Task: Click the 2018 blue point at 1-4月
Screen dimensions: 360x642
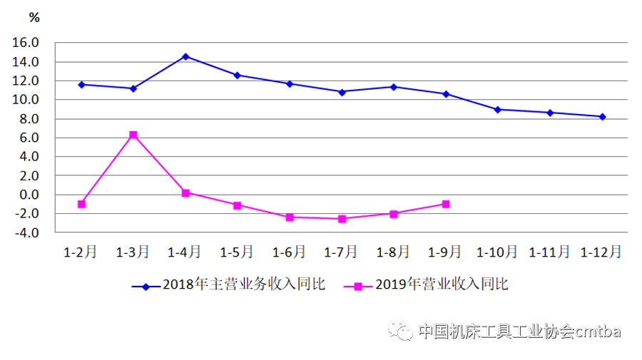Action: (x=185, y=56)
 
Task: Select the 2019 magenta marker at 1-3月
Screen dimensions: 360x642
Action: (x=133, y=135)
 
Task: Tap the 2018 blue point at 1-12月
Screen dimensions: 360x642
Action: (x=602, y=117)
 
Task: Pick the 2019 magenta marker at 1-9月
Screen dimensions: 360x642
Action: (x=446, y=204)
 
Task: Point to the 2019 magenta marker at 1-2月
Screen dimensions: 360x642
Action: (x=81, y=204)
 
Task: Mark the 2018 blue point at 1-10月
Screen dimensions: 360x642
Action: (x=498, y=110)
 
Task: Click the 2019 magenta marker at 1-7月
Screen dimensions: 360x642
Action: (x=342, y=218)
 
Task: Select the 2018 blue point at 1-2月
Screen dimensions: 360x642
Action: (x=81, y=84)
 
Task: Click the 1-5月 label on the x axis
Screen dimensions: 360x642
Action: (x=237, y=252)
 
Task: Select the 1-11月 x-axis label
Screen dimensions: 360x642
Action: (x=549, y=252)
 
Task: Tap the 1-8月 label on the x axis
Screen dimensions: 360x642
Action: (x=393, y=252)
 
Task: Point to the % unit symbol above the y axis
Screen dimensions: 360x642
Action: (x=34, y=18)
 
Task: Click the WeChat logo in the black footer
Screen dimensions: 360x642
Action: (x=399, y=330)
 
